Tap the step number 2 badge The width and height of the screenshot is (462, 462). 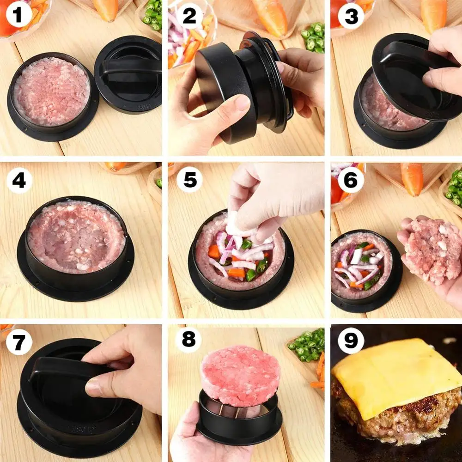coord(189,16)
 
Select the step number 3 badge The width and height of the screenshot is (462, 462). coord(351,16)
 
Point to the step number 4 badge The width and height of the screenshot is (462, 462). coord(19,180)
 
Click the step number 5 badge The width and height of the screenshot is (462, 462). coord(189,180)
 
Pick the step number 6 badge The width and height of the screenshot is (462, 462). coord(351,180)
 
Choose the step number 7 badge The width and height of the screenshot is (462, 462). coord(19,343)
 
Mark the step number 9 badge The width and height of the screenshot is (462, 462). coord(351,343)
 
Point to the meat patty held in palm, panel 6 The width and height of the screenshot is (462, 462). coord(432,249)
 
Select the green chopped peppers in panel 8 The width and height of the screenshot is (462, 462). coord(307,344)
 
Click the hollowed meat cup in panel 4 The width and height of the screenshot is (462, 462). coord(76,236)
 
